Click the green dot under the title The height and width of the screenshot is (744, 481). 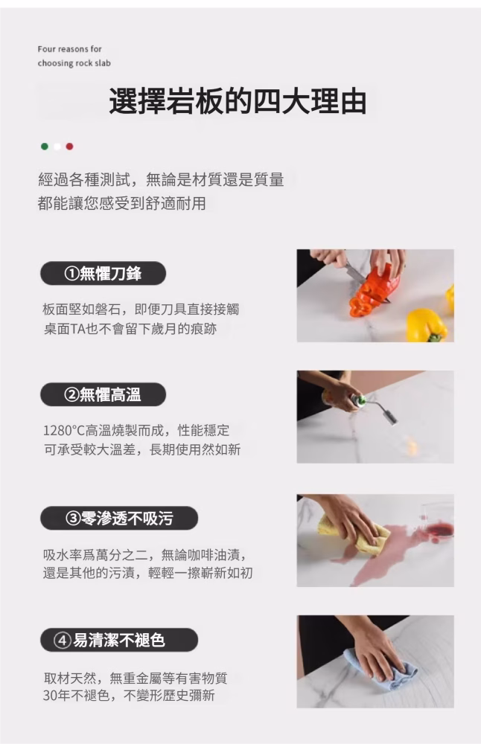click(45, 147)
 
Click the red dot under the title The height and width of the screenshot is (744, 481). click(69, 147)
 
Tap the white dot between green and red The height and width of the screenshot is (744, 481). click(57, 147)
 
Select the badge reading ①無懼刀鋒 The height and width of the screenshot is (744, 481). click(103, 273)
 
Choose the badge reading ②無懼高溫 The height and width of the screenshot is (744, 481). click(103, 394)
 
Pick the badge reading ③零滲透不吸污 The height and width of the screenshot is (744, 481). click(118, 518)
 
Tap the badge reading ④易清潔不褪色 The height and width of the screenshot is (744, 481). click(118, 640)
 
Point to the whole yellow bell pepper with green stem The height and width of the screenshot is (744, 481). click(427, 325)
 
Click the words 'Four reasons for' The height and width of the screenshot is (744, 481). click(69, 49)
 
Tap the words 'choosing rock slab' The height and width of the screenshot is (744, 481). click(74, 63)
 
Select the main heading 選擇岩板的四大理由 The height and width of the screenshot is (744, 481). click(238, 101)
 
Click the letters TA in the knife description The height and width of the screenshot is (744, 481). click(77, 329)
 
